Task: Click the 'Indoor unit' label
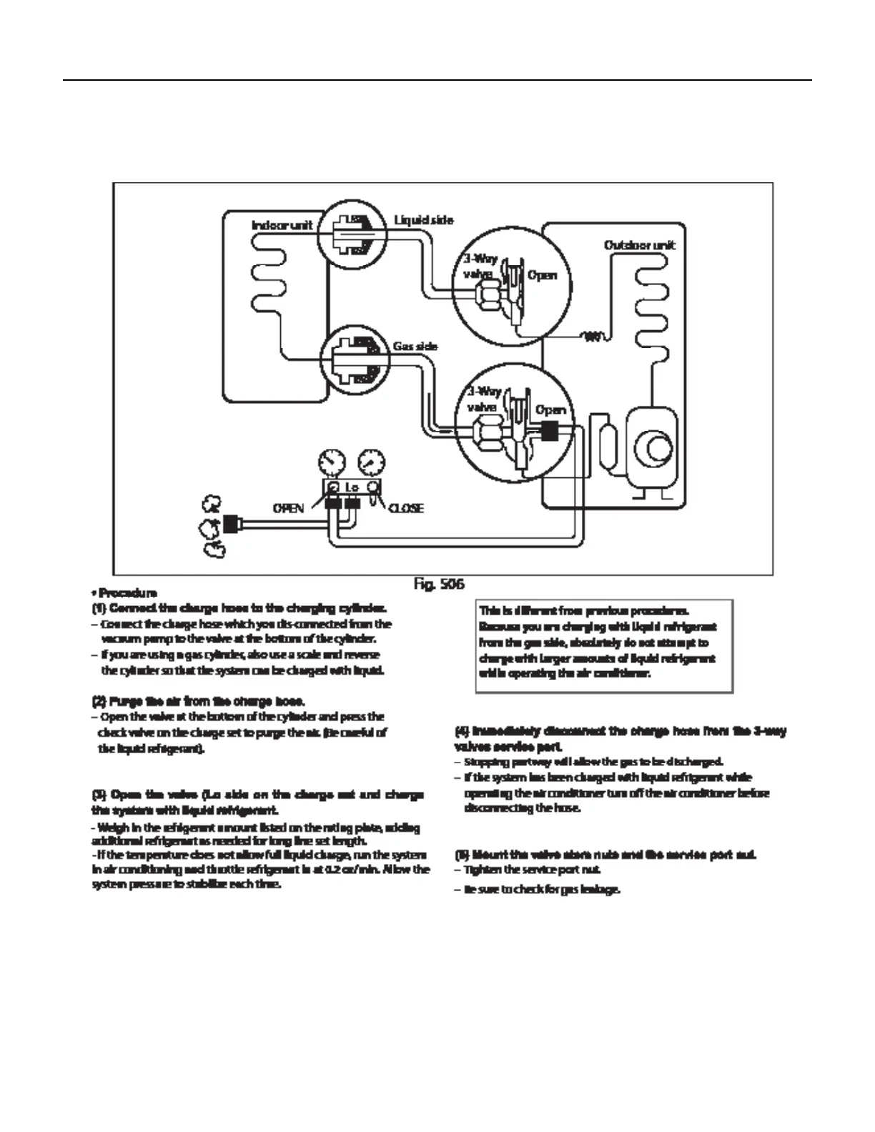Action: coord(282,226)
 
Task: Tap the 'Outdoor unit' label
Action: coord(639,246)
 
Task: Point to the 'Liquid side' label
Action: coord(423,220)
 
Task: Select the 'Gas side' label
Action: coord(415,347)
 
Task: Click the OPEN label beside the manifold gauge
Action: coord(288,508)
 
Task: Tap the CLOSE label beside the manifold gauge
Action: coord(405,508)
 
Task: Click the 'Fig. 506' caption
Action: coord(439,585)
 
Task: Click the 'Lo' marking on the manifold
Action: coord(352,487)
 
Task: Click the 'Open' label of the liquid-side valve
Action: coord(542,276)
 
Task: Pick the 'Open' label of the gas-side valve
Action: coord(550,410)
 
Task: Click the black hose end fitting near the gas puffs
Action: coord(230,524)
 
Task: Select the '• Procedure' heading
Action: coord(124,593)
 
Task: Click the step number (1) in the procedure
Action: coord(99,608)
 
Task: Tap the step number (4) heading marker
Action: coord(462,731)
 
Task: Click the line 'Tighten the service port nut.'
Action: coord(533,870)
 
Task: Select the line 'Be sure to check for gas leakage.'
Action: coord(542,890)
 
